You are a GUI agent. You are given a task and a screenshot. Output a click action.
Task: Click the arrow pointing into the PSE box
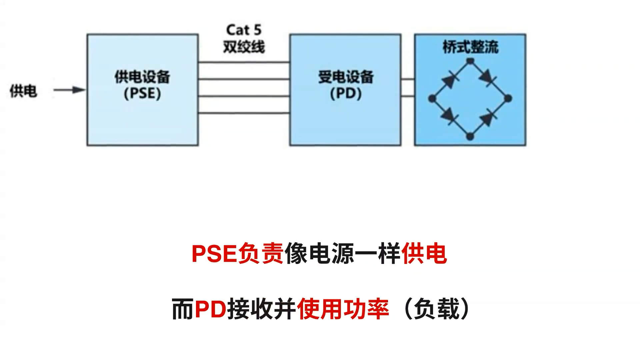69,90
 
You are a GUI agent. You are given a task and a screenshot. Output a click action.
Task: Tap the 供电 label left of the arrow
23,91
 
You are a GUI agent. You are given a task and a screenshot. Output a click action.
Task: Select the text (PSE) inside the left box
142,93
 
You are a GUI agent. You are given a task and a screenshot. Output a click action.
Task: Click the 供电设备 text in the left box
142,77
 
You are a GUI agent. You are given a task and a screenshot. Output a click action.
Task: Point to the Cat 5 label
244,30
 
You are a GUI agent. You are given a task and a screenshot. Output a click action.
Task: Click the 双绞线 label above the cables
244,47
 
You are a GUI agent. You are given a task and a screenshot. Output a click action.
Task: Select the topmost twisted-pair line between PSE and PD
244,62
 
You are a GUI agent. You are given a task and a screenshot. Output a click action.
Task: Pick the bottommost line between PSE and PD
244,113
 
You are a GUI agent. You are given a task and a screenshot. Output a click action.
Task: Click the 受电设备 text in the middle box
346,77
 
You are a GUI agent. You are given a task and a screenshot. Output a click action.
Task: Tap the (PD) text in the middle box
346,93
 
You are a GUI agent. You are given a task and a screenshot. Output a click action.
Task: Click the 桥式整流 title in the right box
470,47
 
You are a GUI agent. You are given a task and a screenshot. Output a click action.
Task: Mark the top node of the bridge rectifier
470,61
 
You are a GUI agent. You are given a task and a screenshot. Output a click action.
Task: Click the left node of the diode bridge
432,98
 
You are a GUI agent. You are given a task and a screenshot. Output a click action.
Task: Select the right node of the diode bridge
508,98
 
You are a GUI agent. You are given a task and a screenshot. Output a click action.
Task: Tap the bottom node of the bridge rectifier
470,136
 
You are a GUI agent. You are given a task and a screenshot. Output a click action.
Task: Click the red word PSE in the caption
214,254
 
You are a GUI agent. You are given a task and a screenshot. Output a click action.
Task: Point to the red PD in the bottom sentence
210,309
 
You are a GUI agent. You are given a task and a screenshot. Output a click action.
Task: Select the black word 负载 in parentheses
437,309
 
